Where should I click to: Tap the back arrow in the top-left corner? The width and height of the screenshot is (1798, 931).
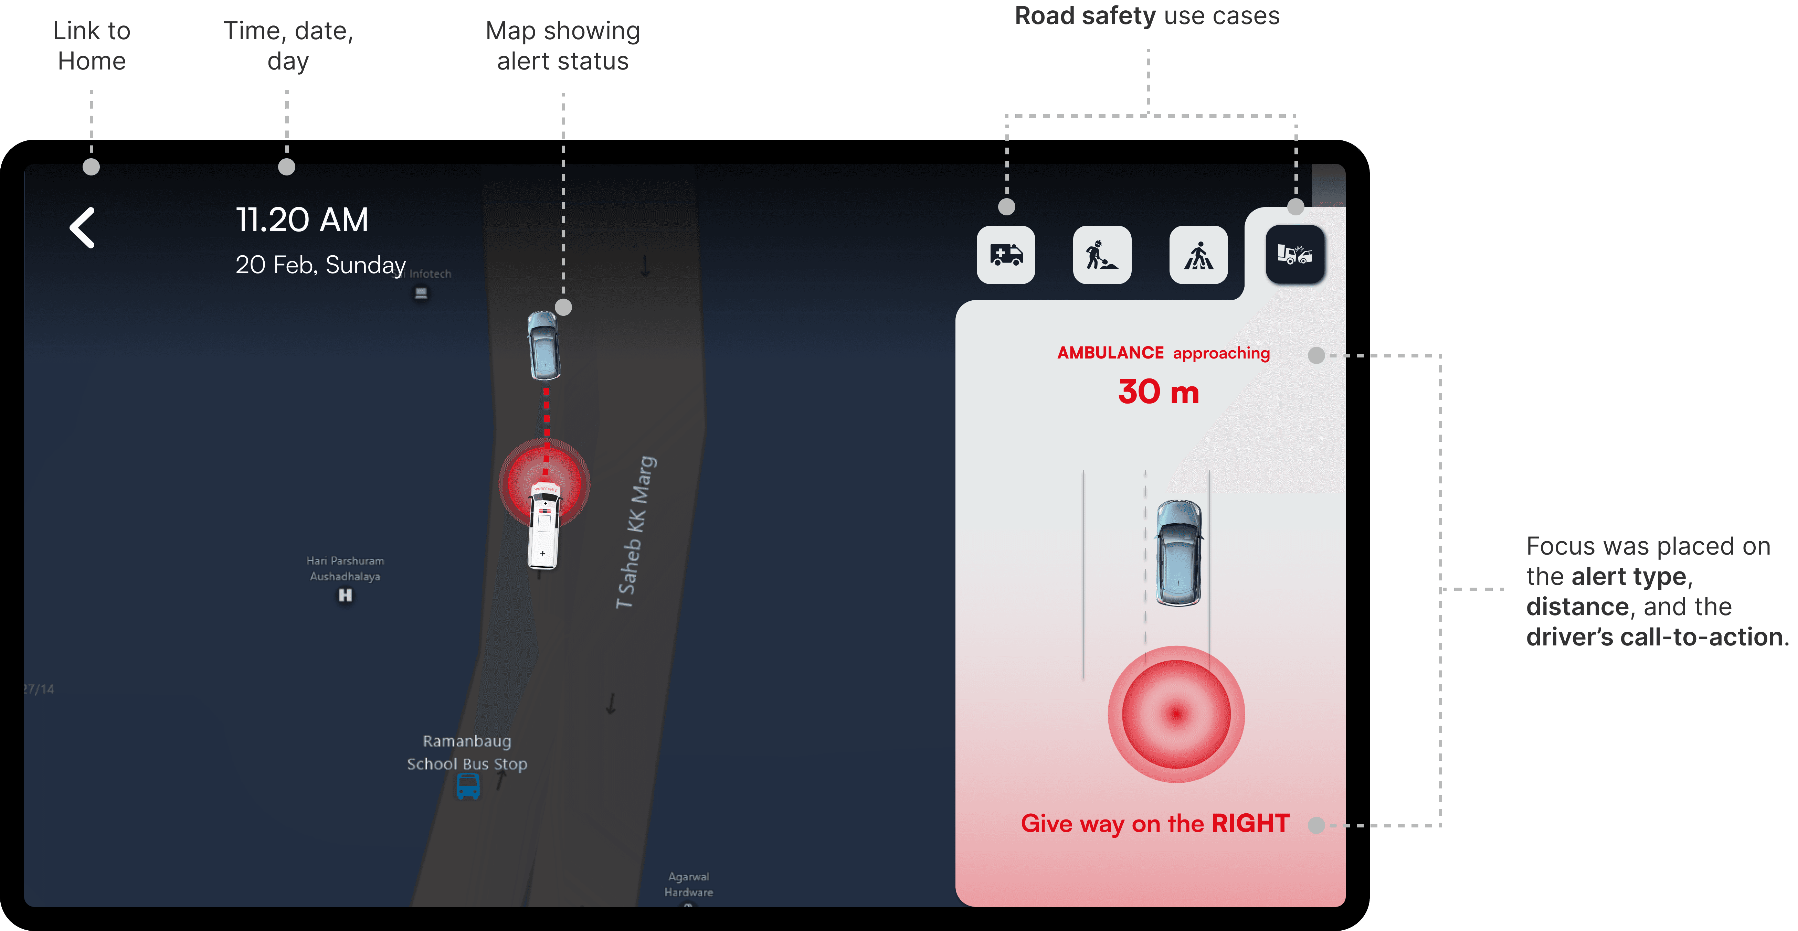pyautogui.click(x=82, y=227)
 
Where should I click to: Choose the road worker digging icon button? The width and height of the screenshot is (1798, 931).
pyautogui.click(x=1101, y=255)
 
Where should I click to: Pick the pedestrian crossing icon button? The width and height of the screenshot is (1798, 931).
pyautogui.click(x=1198, y=255)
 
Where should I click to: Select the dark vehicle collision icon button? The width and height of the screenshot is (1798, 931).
pyautogui.click(x=1295, y=255)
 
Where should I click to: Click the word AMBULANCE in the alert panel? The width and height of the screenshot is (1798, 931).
pyautogui.click(x=1110, y=353)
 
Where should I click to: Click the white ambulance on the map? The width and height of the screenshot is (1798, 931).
pyautogui.click(x=544, y=525)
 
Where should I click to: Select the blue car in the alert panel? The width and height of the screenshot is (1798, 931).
pyautogui.click(x=1179, y=553)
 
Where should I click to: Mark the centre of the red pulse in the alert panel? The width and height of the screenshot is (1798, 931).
pyautogui.click(x=1176, y=714)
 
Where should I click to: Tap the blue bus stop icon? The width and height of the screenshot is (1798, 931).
pyautogui.click(x=468, y=786)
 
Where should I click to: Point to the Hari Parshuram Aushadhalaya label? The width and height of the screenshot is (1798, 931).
pyautogui.click(x=345, y=568)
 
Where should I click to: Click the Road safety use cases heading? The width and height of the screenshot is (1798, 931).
pyautogui.click(x=1147, y=15)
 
